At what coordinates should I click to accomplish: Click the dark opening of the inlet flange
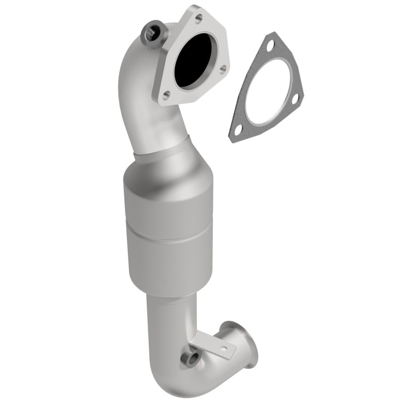tap(194, 60)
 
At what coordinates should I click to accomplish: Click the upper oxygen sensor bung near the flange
tap(152, 32)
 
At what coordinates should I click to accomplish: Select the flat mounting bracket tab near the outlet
tap(212, 343)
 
